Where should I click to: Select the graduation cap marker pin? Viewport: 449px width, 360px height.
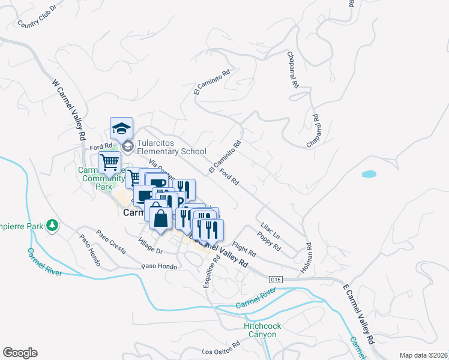121,128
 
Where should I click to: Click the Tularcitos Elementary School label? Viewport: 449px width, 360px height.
171,147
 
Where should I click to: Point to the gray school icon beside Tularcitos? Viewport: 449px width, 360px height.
127,146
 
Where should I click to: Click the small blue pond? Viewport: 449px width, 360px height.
369,175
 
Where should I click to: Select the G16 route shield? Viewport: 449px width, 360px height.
276,280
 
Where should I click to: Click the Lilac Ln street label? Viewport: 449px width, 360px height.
270,231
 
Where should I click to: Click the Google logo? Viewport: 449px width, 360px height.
20,353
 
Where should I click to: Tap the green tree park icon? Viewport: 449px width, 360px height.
53,226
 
